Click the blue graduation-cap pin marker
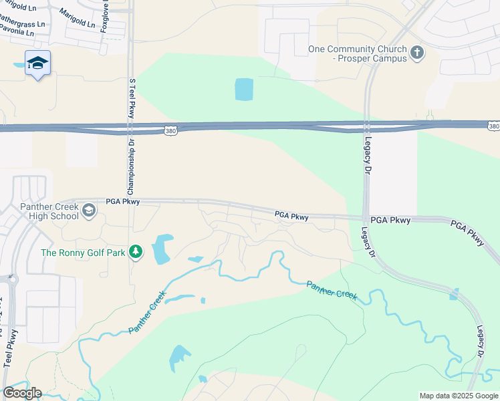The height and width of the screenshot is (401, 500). [x=37, y=63]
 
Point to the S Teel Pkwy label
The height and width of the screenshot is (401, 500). [x=132, y=97]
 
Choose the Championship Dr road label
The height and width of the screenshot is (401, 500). [x=132, y=164]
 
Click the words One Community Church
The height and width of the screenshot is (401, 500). [x=357, y=49]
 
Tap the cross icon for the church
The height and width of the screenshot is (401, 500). [x=418, y=53]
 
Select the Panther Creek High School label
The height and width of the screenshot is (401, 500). [x=49, y=211]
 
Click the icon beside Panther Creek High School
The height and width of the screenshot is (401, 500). [x=89, y=211]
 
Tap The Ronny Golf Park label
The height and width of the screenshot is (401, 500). [x=83, y=253]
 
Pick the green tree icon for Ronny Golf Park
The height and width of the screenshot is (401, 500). [x=136, y=252]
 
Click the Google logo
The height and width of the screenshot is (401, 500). [x=22, y=392]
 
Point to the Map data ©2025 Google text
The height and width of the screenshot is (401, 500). [x=458, y=396]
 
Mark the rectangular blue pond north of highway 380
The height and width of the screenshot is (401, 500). [x=244, y=90]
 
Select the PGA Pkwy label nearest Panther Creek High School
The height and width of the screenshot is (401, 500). [x=122, y=201]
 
